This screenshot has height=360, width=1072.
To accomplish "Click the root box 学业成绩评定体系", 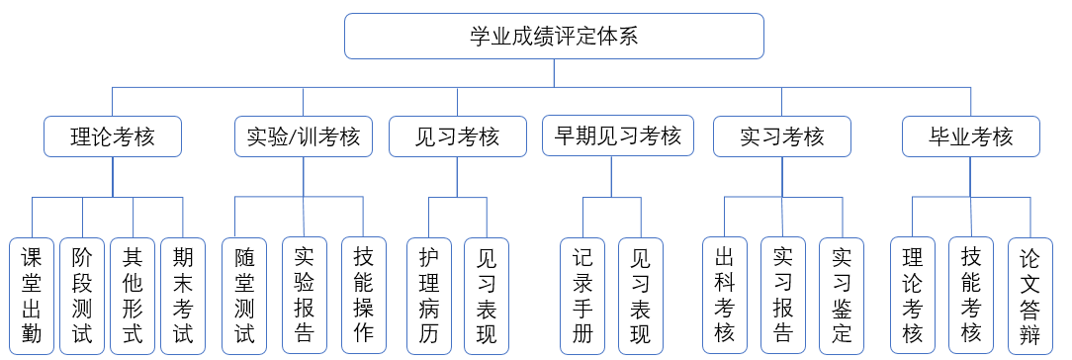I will pos(554,37).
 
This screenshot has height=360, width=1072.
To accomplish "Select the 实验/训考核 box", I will pos(303,136).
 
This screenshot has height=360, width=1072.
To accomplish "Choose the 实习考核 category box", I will pos(781,136).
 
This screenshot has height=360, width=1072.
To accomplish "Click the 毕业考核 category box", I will pos(971,136).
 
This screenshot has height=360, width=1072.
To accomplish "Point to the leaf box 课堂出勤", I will pos(32,296).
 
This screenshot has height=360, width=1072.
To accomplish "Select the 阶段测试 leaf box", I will pos(82,296).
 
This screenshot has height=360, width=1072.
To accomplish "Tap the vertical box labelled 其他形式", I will pos(133,296).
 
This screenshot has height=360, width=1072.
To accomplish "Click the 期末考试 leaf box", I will pos(183,296).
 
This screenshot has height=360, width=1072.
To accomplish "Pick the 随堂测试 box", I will pos(244,296).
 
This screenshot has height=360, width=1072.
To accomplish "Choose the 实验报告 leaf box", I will pos(304,296).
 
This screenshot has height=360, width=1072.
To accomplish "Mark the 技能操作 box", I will pos(363,296).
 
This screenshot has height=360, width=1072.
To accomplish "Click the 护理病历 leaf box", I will pos(429,296).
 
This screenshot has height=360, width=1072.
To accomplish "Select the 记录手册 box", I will pos(582,296).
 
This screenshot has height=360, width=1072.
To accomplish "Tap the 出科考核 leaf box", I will pos(725,296).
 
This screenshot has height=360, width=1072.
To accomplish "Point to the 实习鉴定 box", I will pos(843,296).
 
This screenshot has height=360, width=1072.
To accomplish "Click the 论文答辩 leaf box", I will pos(1030,296).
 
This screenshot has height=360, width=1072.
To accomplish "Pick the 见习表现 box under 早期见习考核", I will pos(641,296).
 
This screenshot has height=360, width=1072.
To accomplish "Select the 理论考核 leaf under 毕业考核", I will pos(912,296).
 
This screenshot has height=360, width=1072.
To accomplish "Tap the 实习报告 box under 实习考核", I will pos(783,296).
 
